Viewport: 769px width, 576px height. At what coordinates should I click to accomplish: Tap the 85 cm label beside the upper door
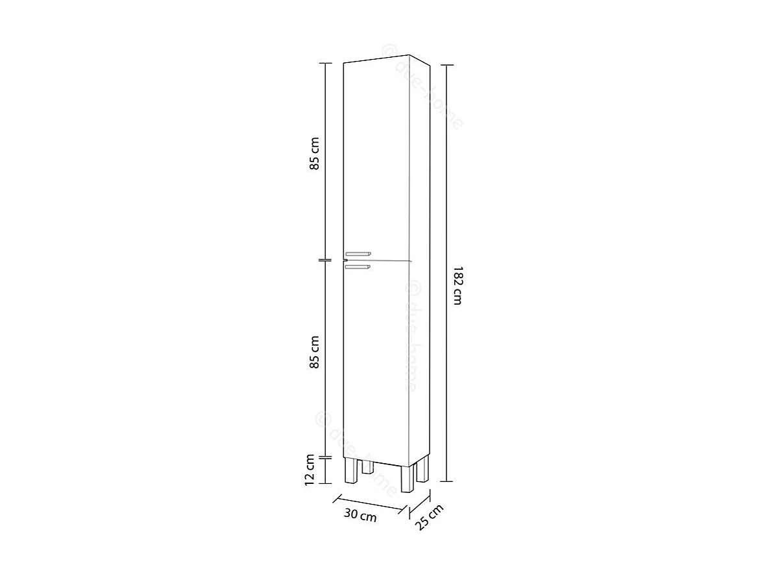click(x=315, y=153)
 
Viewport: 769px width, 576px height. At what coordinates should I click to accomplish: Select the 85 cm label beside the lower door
click(x=315, y=352)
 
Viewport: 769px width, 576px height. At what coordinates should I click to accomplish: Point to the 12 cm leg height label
click(x=310, y=468)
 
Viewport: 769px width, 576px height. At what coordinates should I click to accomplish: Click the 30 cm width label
click(x=360, y=516)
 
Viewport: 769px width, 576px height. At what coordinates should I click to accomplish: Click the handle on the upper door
click(x=357, y=253)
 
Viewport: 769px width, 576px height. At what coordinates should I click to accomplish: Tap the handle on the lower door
click(x=357, y=266)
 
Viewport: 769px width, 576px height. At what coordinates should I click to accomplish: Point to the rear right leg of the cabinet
click(x=422, y=469)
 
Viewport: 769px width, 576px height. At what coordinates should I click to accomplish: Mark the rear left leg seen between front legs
click(x=367, y=466)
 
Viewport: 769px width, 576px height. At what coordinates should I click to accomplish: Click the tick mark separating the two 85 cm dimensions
click(x=324, y=260)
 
